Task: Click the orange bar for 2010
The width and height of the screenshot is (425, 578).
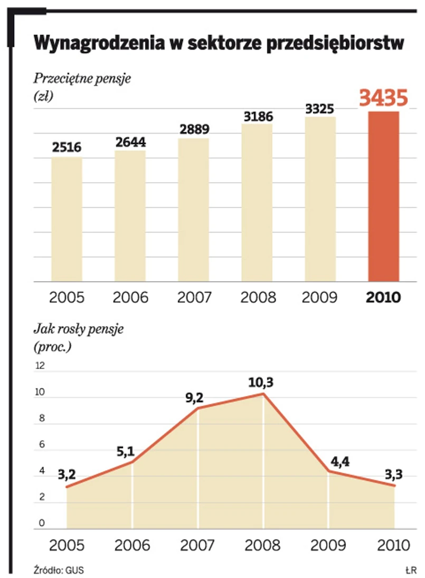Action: [383, 196]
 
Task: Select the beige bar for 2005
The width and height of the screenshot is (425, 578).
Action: [67, 219]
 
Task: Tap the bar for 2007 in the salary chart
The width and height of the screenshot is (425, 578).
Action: [193, 210]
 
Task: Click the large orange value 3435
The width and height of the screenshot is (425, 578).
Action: [383, 98]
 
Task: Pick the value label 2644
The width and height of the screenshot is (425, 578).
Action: [130, 142]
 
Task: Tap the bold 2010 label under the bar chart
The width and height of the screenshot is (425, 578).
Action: [383, 297]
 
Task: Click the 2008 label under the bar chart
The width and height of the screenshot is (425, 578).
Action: [258, 297]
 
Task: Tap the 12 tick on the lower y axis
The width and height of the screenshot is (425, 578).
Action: [40, 366]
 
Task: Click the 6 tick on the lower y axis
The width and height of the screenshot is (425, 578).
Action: [40, 445]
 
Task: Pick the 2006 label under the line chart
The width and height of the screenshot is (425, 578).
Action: [132, 545]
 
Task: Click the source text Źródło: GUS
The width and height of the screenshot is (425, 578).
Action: [58, 570]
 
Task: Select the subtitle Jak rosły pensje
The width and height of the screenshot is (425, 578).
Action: [78, 330]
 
